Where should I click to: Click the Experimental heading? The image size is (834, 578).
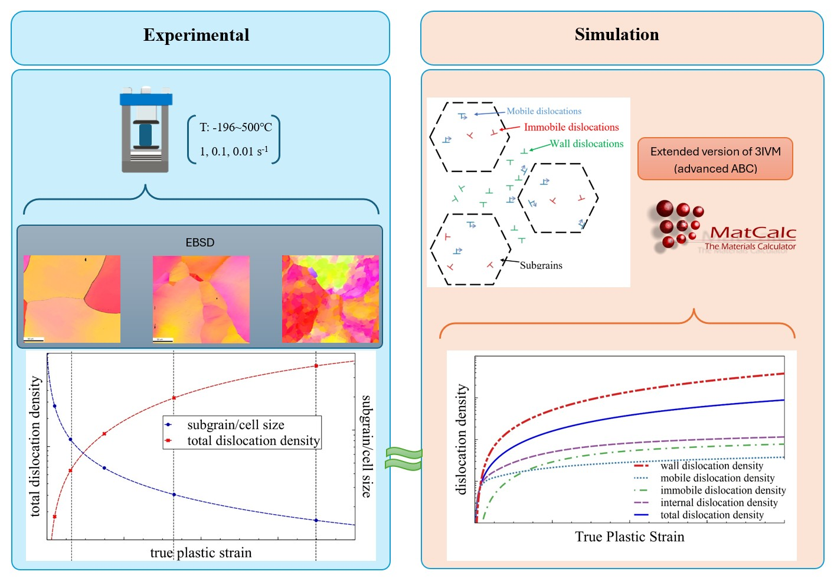197,35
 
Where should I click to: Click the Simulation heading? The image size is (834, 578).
617,35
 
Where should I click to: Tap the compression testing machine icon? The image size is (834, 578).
146,131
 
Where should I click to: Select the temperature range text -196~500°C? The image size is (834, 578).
236,127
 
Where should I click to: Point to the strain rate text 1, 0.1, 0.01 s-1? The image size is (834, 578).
234,151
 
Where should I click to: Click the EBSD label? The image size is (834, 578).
199,242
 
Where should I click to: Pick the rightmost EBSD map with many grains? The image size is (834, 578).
331,299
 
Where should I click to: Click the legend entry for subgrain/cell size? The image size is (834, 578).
236,425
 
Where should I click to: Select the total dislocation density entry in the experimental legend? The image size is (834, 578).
253,441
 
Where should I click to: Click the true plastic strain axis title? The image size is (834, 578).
201,553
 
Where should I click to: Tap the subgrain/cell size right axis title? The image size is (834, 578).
367,446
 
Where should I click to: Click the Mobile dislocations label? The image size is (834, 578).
544,111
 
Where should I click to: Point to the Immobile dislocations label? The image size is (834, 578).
571,127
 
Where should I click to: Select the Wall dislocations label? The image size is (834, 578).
587,144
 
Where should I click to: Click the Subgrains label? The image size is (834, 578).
541,265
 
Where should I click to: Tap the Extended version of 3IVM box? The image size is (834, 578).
715,160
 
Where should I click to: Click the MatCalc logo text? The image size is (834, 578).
753,233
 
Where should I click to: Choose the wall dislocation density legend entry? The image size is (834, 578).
711,466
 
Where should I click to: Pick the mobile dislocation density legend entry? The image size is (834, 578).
717,478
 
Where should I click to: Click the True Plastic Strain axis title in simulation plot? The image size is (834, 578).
630,537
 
